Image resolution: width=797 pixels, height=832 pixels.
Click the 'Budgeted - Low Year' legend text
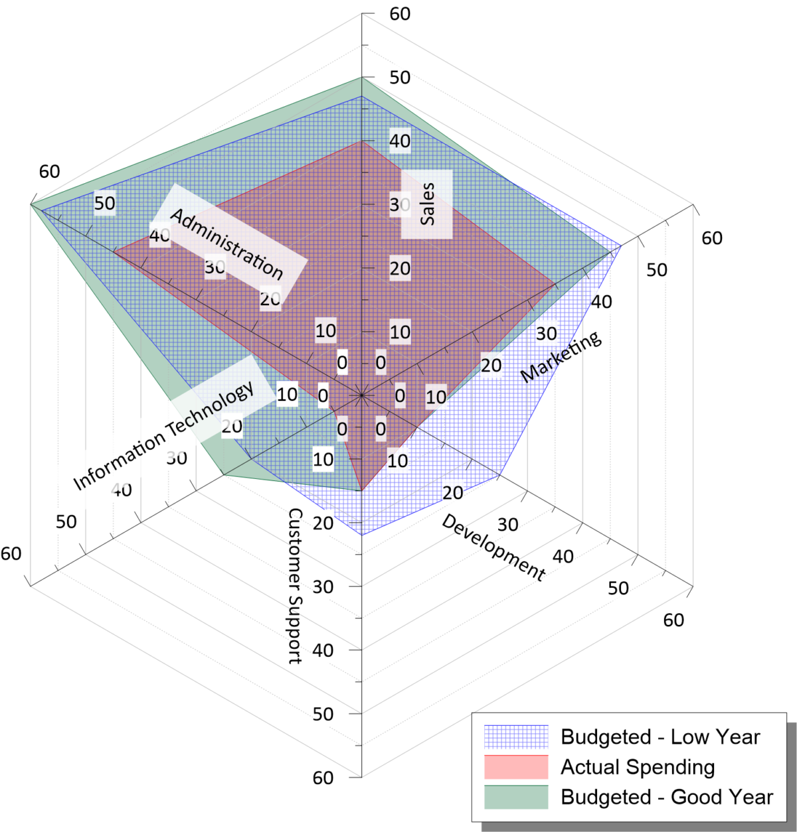coord(660,736)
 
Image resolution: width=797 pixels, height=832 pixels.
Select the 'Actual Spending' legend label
coord(638,767)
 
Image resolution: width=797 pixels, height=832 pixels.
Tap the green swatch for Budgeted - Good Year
coord(516,797)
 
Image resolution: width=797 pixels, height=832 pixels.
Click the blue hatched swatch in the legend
coord(516,736)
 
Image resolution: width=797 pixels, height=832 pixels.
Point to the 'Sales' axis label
coord(427,204)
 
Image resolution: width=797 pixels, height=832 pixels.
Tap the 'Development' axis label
coord(493,547)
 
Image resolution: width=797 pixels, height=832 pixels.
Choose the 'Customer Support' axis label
coord(295,586)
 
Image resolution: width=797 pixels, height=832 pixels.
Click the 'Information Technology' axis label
coord(163,435)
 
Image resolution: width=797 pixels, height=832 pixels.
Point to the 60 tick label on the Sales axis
coord(400,14)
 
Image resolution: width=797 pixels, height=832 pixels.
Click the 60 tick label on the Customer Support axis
coord(323,778)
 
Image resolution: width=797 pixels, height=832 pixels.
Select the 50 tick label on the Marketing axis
coord(657,270)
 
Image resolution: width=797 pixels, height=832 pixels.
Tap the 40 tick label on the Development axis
coord(563,557)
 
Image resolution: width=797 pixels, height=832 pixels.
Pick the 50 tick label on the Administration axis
coord(104,203)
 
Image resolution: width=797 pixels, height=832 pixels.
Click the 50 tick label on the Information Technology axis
coord(66,522)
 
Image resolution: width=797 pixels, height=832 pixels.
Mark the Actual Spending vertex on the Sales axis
coord(362,141)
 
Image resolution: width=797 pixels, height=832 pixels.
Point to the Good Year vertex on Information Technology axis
coord(224,475)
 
